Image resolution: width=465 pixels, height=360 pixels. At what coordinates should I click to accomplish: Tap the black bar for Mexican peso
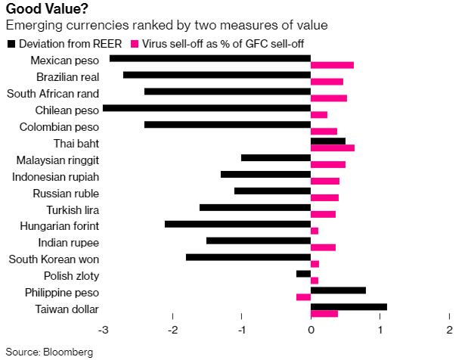(210, 57)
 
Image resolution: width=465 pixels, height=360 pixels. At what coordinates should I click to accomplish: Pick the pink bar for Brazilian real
(327, 82)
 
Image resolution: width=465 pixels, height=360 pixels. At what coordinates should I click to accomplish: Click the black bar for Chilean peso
(206, 107)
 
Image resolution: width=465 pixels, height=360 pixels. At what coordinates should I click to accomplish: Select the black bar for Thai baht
(328, 141)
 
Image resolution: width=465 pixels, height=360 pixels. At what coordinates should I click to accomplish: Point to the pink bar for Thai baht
(333, 148)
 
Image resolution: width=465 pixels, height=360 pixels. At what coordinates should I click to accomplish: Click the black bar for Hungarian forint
(237, 224)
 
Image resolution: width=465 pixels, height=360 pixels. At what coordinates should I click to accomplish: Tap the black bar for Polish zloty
(303, 274)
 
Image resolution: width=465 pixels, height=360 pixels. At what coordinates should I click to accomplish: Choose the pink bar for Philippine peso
(303, 297)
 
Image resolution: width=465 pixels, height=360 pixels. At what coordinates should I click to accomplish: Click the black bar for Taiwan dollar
(349, 306)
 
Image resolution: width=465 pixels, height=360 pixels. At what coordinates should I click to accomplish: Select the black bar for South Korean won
(248, 257)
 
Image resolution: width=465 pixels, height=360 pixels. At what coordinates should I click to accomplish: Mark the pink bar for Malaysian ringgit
(328, 165)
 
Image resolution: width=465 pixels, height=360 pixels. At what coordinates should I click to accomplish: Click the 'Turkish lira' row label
(73, 209)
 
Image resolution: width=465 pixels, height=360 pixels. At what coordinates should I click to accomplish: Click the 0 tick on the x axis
(311, 330)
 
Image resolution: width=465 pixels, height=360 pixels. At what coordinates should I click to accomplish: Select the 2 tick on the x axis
(449, 330)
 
